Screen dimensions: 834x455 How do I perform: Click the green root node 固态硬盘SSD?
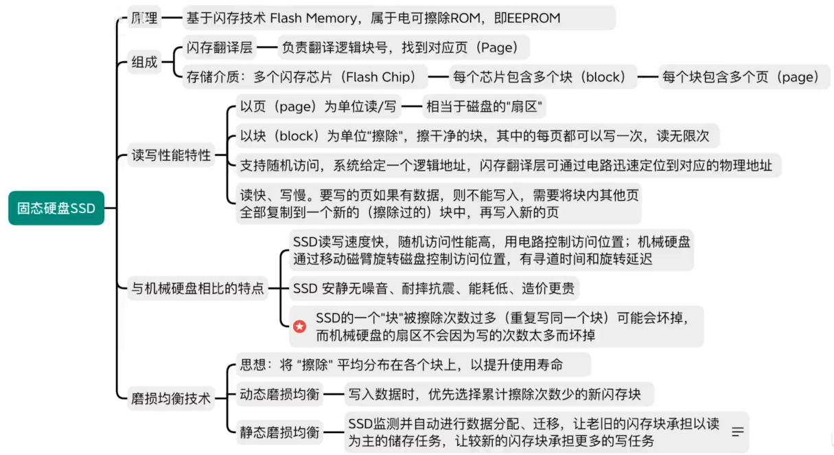pos(56,208)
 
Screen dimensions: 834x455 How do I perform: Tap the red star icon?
pos(299,326)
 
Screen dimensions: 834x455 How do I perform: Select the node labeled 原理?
pos(144,18)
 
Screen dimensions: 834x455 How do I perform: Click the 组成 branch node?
pos(144,62)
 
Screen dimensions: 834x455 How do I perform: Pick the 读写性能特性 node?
pos(172,155)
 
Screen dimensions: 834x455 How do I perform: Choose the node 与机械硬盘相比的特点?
pos(198,288)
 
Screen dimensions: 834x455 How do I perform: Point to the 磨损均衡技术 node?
pos(172,399)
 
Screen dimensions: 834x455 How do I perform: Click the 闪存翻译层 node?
pos(219,47)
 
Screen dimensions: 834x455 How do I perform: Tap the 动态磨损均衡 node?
pos(279,395)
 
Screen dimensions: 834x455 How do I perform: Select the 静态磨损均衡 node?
pos(279,432)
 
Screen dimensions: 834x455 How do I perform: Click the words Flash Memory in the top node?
pos(313,18)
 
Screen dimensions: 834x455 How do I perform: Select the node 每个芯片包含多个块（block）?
pos(543,77)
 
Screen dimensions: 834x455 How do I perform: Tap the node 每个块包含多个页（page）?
pos(744,77)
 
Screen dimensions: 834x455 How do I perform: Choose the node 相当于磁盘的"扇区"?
pos(484,107)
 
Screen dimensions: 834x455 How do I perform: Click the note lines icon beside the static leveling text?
pos(738,432)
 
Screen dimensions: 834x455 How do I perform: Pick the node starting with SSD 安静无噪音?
pos(434,288)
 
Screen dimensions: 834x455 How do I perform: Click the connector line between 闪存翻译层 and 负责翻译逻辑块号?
pos(267,47)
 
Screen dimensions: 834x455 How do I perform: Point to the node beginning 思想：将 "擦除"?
pos(413,365)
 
